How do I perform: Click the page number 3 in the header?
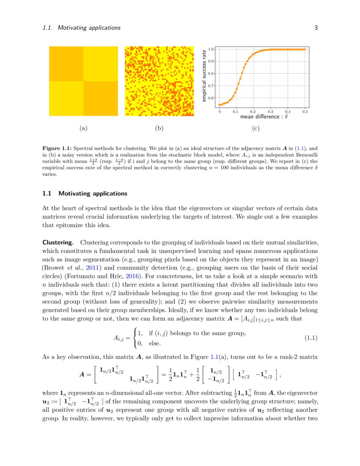tap(316, 28)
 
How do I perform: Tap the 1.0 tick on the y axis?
tap(210, 50)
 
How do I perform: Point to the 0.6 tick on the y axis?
tap(210, 98)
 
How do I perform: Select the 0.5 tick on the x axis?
tap(305, 112)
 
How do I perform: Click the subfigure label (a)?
tap(83, 128)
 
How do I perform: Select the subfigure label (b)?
tap(159, 128)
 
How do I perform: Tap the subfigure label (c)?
tap(255, 128)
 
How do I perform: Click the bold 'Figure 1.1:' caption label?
tap(57, 149)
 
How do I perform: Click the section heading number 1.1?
tap(47, 194)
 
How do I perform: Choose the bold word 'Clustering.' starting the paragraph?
tap(58, 242)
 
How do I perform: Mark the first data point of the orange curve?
tap(219, 105)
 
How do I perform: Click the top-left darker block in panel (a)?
tap(66, 64)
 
